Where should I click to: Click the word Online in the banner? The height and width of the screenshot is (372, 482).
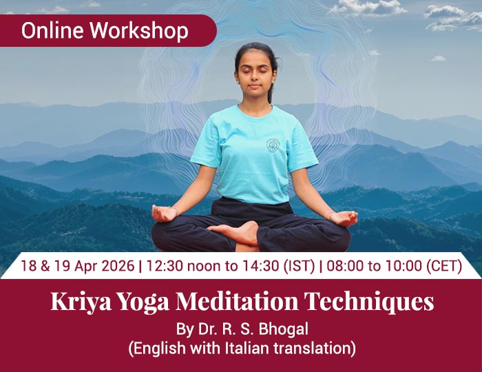[x=52, y=30]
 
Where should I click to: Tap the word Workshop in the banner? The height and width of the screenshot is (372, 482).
[x=139, y=32]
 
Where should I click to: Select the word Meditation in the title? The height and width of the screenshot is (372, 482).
[x=237, y=301]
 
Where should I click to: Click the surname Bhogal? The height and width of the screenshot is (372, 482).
[x=283, y=329]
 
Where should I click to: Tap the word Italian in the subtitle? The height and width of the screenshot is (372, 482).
[x=247, y=349]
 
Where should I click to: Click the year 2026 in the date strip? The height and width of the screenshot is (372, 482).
[x=118, y=266]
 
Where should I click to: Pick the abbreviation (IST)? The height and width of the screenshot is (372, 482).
[x=300, y=266]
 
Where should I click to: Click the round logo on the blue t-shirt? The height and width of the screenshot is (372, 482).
[x=272, y=145]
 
